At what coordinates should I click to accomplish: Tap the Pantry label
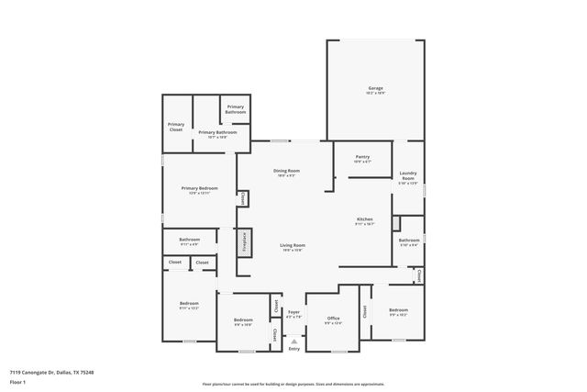pos(362,158)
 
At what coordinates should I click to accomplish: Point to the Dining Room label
pos(287,172)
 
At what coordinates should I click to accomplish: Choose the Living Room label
pos(293,246)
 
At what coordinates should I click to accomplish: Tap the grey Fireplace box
pos(244,243)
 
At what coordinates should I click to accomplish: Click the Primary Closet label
pos(176,127)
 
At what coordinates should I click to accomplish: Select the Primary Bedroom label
pos(199,190)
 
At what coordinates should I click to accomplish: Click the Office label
pos(333,319)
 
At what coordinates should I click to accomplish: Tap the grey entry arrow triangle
pos(293,341)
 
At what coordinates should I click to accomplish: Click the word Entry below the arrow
pos(293,349)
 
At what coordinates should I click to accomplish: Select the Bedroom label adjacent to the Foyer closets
pos(243,321)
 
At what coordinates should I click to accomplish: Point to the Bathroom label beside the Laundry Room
pos(408,242)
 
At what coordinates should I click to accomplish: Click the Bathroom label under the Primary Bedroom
pos(190,241)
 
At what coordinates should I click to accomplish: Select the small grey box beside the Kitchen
pos(396,223)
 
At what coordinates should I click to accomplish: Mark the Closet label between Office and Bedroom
pos(365,311)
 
